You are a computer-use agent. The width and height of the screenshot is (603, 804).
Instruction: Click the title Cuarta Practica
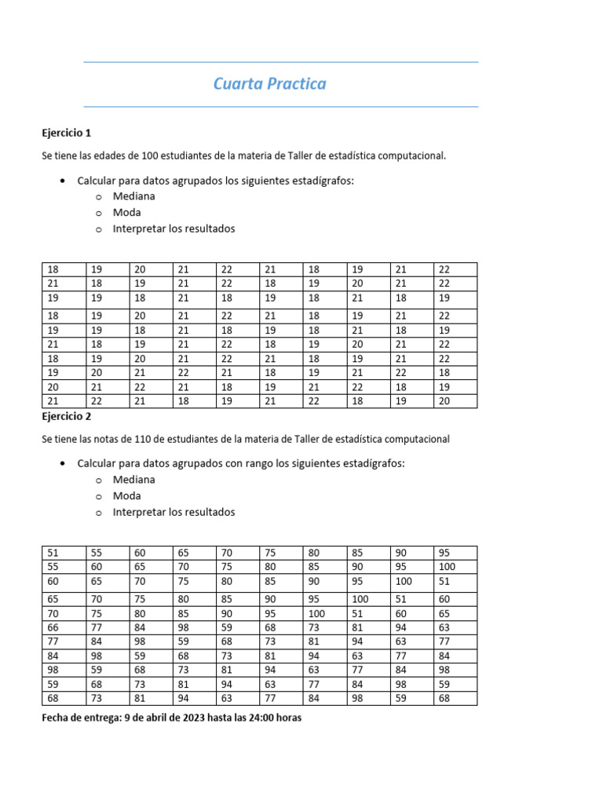point(269,84)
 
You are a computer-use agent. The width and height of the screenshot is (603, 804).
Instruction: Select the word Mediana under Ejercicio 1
point(133,196)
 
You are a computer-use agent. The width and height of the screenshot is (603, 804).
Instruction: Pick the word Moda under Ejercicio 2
point(127,496)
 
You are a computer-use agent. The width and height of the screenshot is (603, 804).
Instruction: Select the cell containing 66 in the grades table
point(53,627)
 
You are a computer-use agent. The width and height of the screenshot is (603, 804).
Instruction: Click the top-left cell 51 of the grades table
point(53,553)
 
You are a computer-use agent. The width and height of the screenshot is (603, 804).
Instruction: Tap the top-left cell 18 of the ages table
point(53,269)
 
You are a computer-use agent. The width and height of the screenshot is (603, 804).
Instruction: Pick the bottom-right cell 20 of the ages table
point(445,401)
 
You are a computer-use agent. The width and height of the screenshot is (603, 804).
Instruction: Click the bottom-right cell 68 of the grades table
point(445,699)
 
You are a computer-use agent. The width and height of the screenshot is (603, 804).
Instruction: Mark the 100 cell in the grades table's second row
point(447,567)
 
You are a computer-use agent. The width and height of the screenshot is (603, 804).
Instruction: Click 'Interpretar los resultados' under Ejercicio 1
point(174,229)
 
